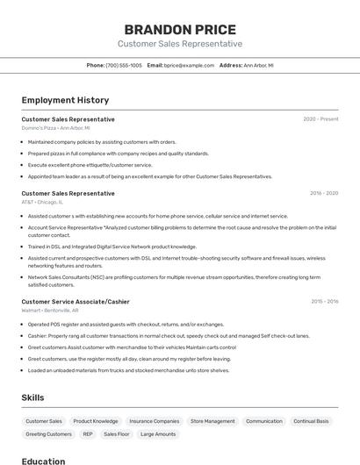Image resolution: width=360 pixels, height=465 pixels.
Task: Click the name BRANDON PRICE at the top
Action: (x=179, y=29)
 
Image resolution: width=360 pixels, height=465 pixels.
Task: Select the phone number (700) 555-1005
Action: (x=124, y=65)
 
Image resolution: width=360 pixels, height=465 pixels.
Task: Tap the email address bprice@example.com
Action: (x=189, y=65)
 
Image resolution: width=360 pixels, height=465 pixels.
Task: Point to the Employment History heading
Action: (x=65, y=100)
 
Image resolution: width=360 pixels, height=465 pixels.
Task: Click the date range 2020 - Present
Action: (x=320, y=118)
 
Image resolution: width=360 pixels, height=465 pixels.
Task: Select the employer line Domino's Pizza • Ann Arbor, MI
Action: (x=55, y=128)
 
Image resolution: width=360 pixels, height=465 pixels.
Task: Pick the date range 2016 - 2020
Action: (x=324, y=192)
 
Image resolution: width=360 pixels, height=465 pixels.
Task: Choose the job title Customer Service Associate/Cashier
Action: (x=76, y=301)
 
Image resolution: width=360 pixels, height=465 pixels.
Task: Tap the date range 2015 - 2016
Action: (x=324, y=301)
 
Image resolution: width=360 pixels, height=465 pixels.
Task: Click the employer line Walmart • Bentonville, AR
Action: (x=50, y=311)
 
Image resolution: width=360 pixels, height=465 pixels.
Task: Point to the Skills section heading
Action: (x=33, y=397)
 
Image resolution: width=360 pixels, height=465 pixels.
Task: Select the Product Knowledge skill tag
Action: (x=95, y=421)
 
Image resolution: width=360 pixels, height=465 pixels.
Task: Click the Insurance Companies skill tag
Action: (x=154, y=421)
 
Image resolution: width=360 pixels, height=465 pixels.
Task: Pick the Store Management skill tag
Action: (x=212, y=421)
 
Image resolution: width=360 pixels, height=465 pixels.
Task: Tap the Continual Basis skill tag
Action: (x=311, y=421)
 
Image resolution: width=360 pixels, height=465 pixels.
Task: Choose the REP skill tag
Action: (x=88, y=434)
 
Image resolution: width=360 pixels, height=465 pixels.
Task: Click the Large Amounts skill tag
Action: (x=158, y=434)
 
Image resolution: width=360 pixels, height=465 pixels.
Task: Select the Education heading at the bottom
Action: (x=43, y=461)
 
